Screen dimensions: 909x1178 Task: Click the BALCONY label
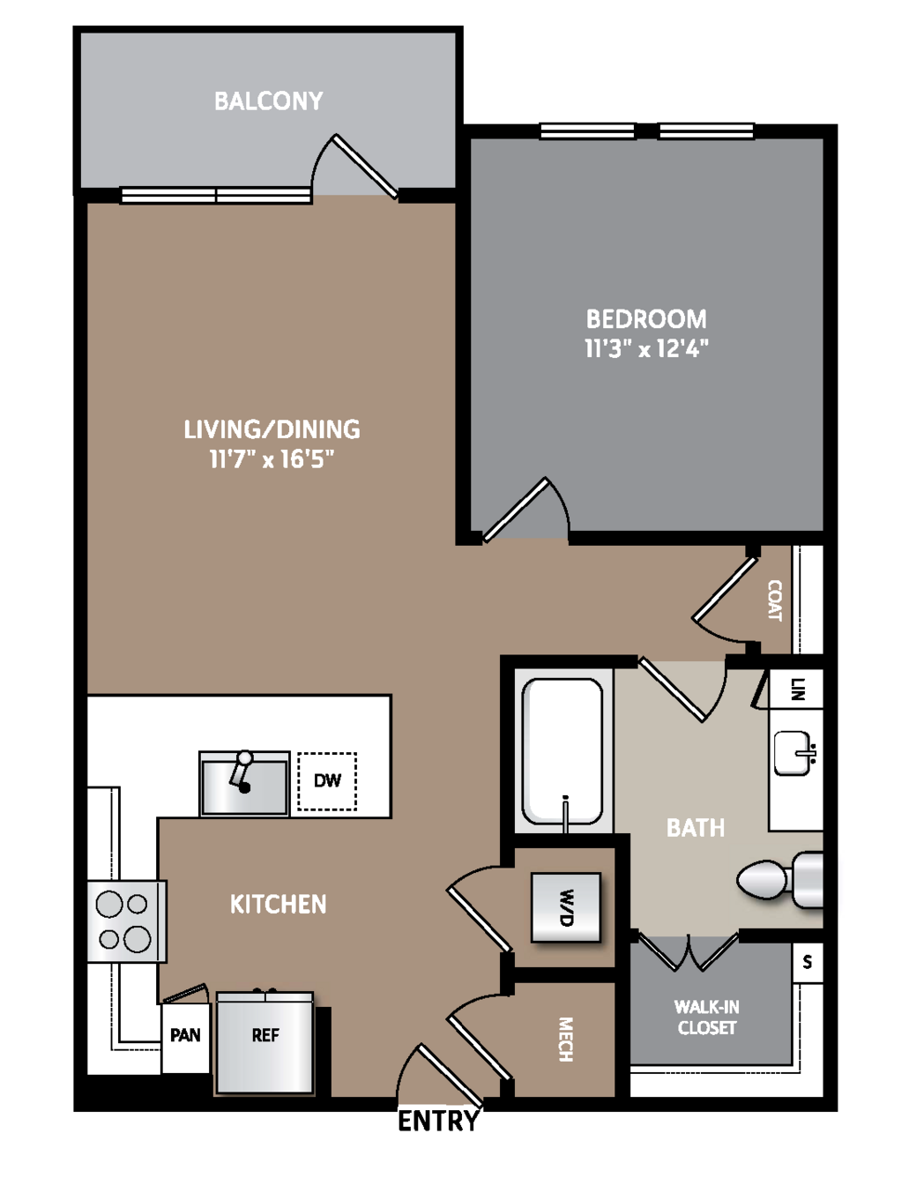268,101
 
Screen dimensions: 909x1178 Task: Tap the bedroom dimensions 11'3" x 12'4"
646,348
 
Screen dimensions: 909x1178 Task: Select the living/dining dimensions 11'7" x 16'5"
272,459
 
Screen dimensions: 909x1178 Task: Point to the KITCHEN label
278,904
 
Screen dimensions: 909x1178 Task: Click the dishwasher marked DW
327,781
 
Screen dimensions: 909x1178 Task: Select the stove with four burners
127,921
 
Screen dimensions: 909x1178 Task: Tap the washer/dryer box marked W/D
566,907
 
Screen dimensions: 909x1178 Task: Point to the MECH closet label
565,1039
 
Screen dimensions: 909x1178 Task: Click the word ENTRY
438,1120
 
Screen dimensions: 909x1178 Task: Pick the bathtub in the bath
563,752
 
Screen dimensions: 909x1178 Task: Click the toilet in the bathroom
780,880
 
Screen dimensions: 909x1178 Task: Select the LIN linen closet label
797,689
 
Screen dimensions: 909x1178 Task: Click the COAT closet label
775,600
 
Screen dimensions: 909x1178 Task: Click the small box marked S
808,962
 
